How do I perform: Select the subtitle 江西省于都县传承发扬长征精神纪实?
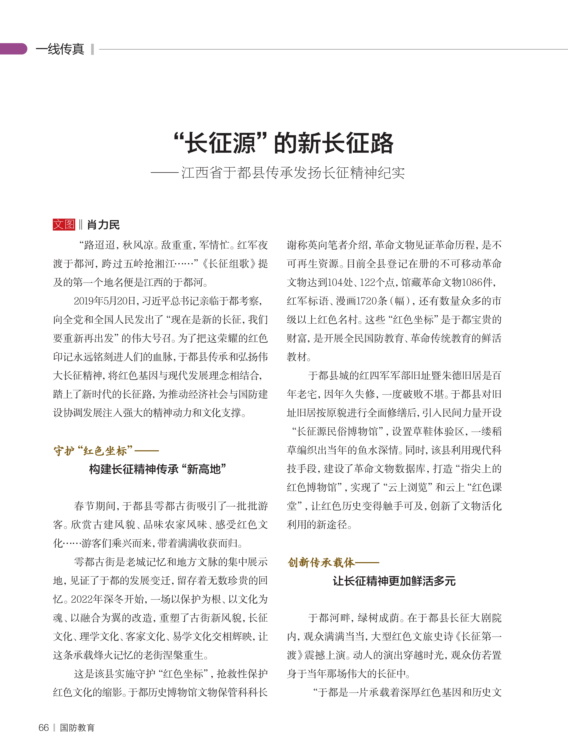[293, 173]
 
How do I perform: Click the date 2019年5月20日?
[105, 301]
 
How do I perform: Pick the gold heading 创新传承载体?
[321, 562]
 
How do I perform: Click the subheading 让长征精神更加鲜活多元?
[394, 581]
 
